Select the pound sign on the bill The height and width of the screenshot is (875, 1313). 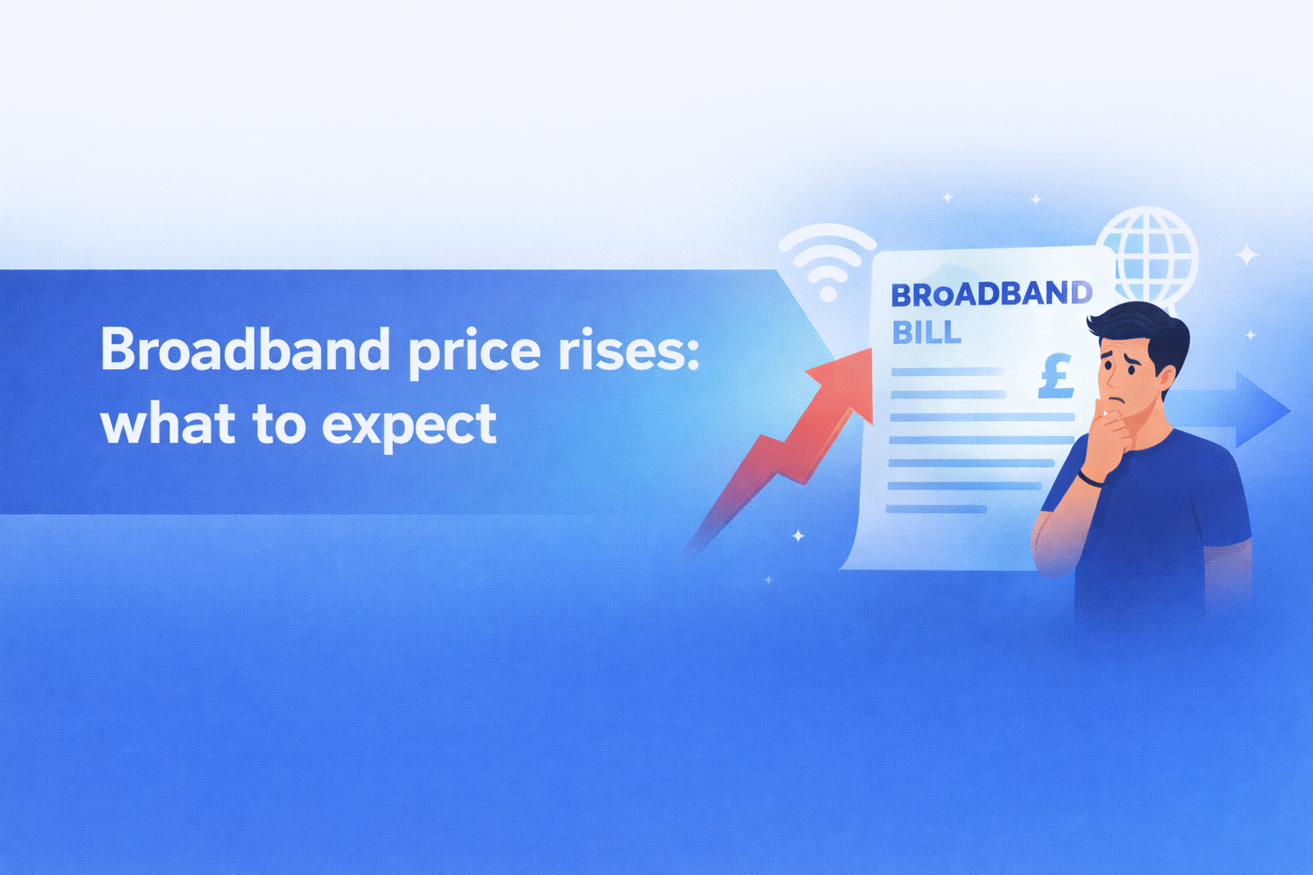pyautogui.click(x=1056, y=377)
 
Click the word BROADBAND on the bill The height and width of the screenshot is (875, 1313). pyautogui.click(x=991, y=294)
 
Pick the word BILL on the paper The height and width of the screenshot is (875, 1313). pyautogui.click(x=927, y=332)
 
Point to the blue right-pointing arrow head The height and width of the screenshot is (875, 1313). pyautogui.click(x=1263, y=410)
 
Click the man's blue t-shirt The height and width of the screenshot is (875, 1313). pyautogui.click(x=1163, y=521)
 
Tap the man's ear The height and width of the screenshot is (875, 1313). pyautogui.click(x=1166, y=377)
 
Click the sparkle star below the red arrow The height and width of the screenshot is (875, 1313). pyautogui.click(x=798, y=536)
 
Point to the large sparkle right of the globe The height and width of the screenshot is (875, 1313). pyautogui.click(x=1247, y=255)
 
